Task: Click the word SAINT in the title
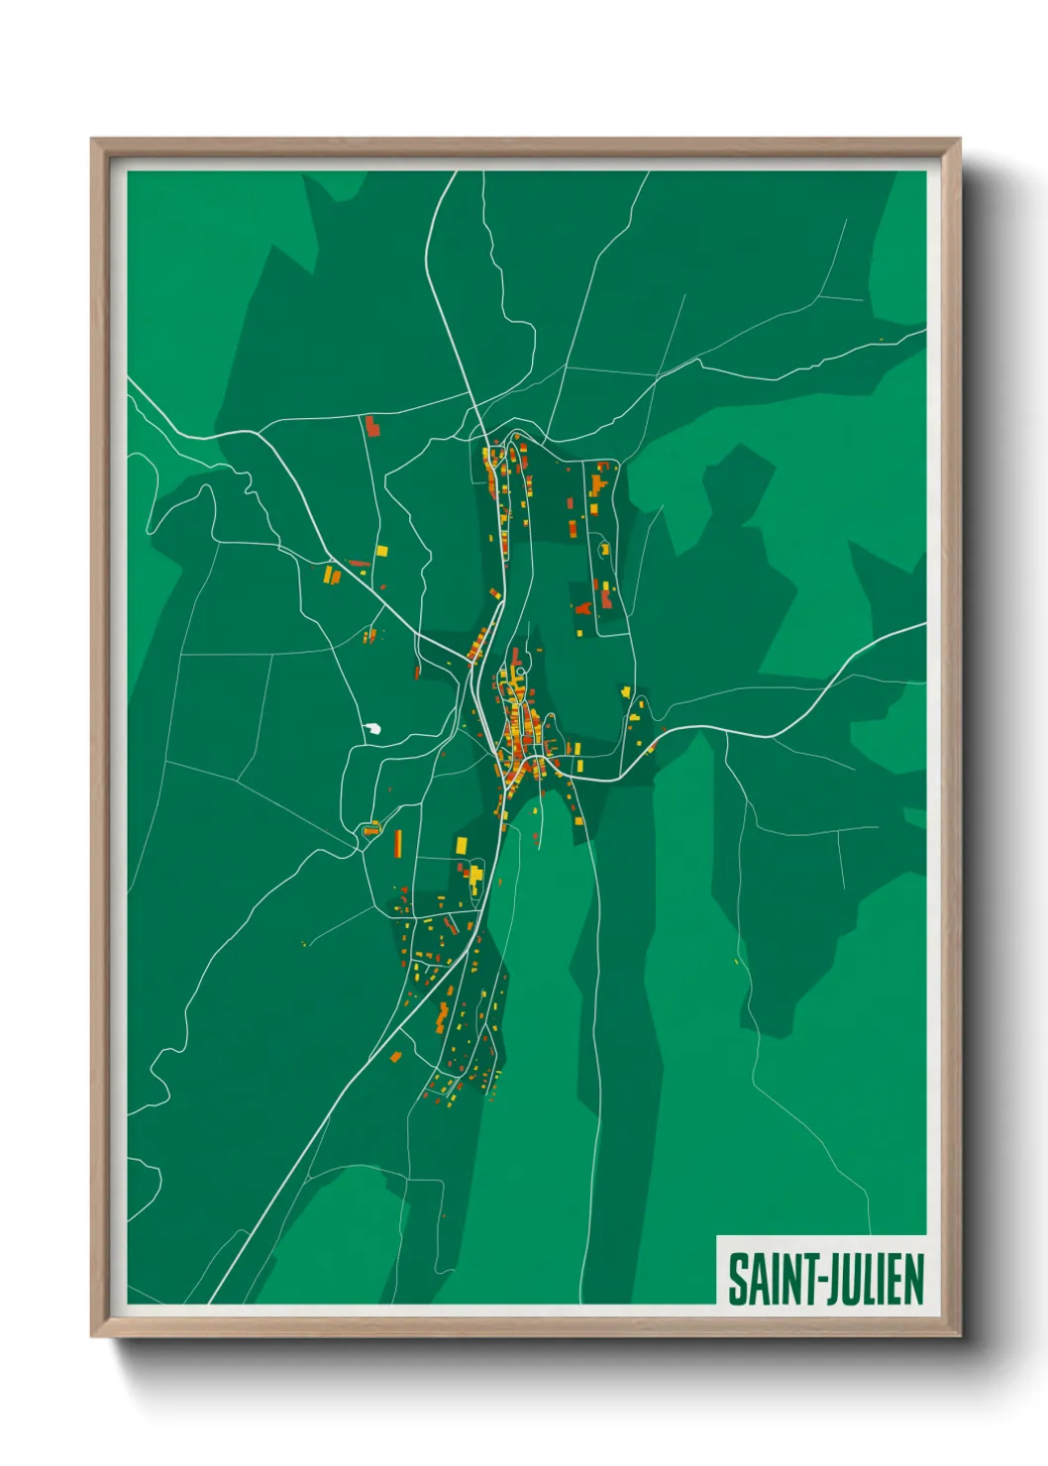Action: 770,1279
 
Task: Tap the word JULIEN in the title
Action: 874,1279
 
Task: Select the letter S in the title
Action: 738,1279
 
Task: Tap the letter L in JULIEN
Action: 869,1279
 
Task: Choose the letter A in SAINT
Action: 755,1279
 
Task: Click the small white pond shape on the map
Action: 374,730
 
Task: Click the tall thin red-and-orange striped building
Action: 398,844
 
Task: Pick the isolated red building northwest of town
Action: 372,427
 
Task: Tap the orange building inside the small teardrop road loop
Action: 370,829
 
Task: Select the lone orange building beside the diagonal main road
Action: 395,1057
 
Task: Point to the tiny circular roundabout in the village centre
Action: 520,671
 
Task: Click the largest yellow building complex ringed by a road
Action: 474,877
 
